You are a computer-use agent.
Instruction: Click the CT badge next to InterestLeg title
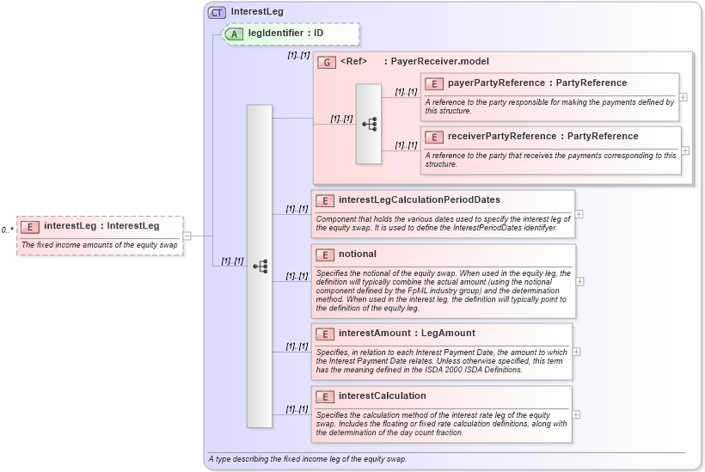(x=218, y=12)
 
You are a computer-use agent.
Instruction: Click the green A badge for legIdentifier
(x=235, y=34)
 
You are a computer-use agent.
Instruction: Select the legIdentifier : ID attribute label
(x=285, y=34)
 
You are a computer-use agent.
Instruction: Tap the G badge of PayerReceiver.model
(x=327, y=62)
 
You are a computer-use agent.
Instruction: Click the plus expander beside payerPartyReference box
(x=684, y=97)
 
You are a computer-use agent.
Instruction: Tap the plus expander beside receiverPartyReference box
(x=685, y=150)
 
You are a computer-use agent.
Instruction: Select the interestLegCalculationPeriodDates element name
(x=419, y=200)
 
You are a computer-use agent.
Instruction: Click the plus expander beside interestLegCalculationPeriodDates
(x=579, y=214)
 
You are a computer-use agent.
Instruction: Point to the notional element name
(x=357, y=254)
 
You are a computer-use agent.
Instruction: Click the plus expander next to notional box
(x=580, y=281)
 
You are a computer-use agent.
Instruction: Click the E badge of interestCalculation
(x=325, y=396)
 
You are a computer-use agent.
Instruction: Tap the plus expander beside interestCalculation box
(x=576, y=414)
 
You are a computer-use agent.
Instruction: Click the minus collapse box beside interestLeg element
(x=187, y=236)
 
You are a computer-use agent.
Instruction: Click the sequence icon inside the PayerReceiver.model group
(x=369, y=124)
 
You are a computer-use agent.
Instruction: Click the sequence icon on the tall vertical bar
(x=260, y=267)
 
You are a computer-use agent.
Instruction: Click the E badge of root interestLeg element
(x=30, y=227)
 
